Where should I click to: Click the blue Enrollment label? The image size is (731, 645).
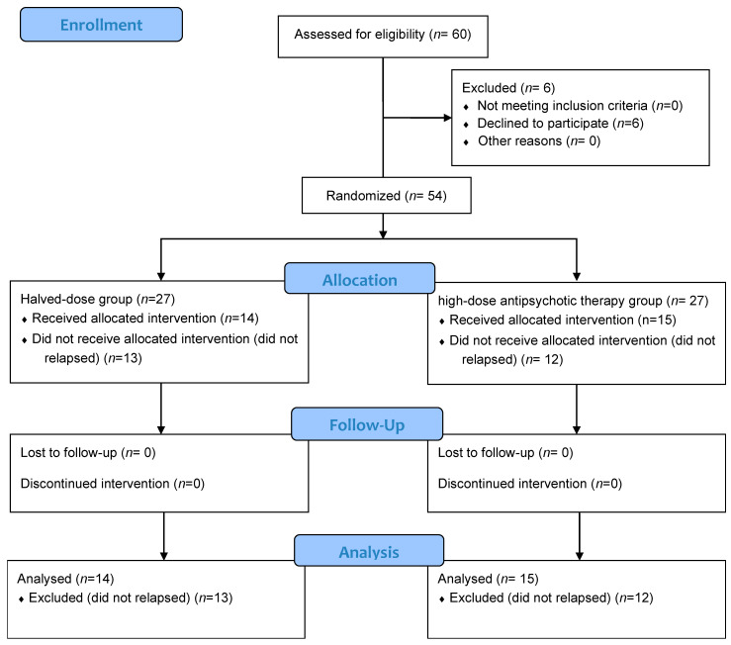(101, 25)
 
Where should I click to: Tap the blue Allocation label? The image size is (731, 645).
(359, 278)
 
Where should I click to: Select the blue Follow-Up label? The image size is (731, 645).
(367, 424)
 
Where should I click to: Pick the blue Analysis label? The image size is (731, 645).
(369, 551)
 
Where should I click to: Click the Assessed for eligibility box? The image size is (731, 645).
(383, 37)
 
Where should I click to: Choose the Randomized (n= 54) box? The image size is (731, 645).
(387, 196)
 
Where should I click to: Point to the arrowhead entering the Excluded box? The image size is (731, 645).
(447, 118)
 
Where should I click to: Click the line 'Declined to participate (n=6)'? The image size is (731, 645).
(561, 123)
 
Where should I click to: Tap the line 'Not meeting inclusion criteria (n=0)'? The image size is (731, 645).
(580, 106)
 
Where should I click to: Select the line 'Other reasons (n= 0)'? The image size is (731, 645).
(539, 140)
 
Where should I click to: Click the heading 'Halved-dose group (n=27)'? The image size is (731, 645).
(98, 299)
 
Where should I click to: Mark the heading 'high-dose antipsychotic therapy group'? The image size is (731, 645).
(550, 301)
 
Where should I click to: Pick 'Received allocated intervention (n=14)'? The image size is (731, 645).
(145, 319)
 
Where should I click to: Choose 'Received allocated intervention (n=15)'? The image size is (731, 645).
(563, 320)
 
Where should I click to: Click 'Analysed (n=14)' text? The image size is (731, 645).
(65, 579)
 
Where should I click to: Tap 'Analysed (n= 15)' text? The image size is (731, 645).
(488, 579)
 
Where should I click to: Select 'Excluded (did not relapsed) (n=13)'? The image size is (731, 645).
(131, 598)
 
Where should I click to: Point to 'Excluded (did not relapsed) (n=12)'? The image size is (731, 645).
(551, 598)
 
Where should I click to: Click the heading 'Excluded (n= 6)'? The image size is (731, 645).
(508, 88)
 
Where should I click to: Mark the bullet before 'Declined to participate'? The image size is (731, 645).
(466, 125)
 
